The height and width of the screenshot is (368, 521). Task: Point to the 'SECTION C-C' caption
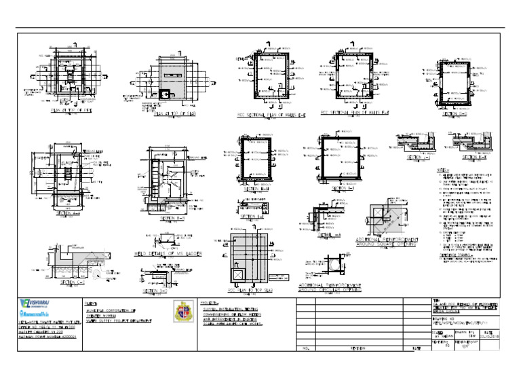pos(73,282)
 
